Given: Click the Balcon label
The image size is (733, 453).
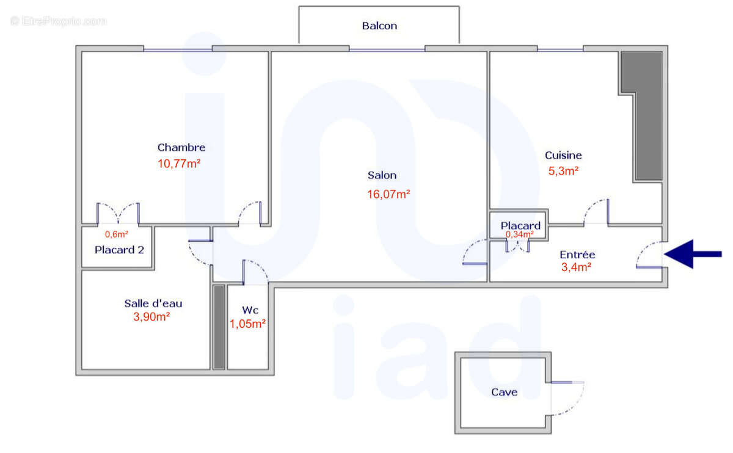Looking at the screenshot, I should tap(379, 26).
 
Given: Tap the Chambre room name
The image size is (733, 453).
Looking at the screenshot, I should tap(181, 147).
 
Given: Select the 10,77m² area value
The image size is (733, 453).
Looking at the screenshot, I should tap(180, 164).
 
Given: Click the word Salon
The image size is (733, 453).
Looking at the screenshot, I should tap(382, 175).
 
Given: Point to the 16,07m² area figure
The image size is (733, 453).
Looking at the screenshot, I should tap(388, 195).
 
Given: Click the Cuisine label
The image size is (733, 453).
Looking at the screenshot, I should tap(563, 155).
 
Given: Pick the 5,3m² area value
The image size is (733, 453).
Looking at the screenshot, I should tap(562, 172).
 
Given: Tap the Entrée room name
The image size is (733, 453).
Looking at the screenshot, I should tap(577, 254).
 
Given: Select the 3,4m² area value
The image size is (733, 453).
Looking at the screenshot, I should tap(576, 266).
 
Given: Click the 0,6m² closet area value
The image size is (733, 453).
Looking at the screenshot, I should tap(117, 234).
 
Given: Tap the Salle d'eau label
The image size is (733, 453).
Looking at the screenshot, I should tap(153, 303).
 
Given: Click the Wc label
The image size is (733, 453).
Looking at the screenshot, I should tap(250, 310).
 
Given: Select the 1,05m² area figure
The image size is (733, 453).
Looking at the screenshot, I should tap(247, 324).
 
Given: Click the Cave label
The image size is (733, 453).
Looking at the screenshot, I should tap(504, 392).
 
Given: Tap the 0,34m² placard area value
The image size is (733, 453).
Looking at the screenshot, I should tap(519, 234).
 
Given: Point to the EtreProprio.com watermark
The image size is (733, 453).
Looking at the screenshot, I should tap(59, 21).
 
